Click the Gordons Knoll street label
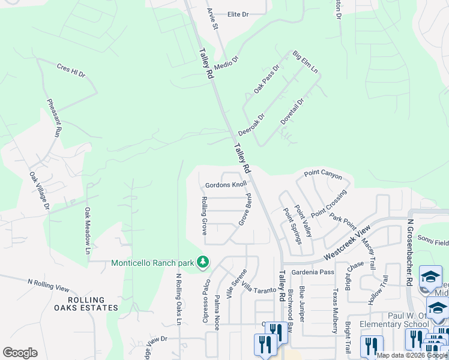226,185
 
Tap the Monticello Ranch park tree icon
203,262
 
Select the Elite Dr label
238,14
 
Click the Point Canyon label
322,175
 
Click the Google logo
20,353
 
